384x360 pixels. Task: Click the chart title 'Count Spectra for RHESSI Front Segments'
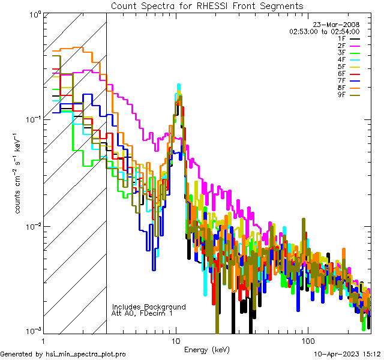coord(207,6)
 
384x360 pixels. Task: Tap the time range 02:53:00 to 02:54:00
coord(324,31)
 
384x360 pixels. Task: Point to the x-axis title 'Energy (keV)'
coord(206,349)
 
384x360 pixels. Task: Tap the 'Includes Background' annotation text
coord(149,307)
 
